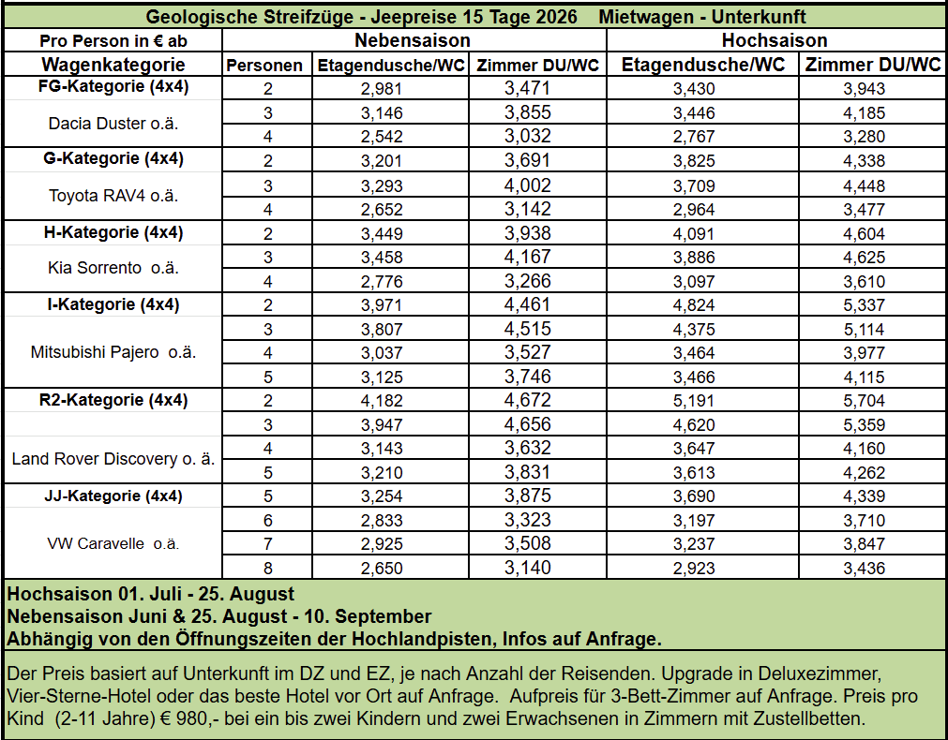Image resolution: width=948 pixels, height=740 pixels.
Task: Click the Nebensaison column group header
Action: tap(413, 40)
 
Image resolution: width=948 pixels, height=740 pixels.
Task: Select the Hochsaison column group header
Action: tap(775, 40)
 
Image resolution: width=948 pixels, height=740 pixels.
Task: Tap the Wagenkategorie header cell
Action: tap(113, 65)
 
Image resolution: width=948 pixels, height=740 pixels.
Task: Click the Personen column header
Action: tap(265, 66)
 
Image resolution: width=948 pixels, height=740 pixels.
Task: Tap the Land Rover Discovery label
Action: tap(113, 459)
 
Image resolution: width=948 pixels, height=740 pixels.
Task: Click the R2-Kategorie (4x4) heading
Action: tap(113, 400)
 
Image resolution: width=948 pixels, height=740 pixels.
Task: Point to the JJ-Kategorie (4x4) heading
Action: tap(113, 496)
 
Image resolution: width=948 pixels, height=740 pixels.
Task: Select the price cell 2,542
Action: tap(382, 137)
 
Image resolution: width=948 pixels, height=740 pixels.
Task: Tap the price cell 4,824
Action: tap(694, 304)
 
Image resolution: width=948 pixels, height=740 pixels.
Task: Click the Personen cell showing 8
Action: tap(267, 568)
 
